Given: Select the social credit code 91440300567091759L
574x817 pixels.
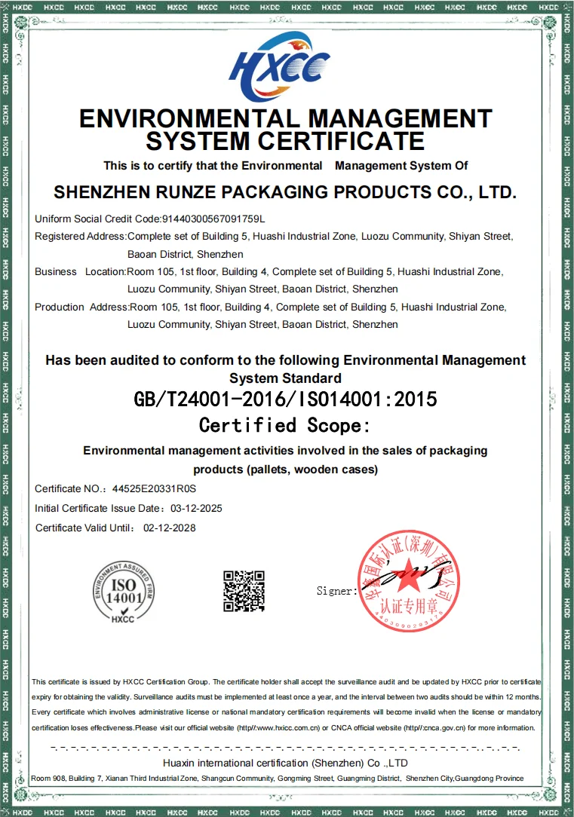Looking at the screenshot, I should point(214,219).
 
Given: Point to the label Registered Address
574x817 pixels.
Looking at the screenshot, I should point(80,237).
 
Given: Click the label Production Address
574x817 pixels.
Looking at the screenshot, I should point(81,308).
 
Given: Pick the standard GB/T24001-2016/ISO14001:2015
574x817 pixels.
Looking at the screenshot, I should point(285,399).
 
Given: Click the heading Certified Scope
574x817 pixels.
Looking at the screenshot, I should point(285,426).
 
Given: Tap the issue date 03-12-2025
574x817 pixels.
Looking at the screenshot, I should point(196,509).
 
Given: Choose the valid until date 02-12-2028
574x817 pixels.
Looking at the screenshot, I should point(169,528).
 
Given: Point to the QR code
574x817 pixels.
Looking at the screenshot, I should point(244,591).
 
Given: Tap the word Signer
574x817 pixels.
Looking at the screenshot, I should point(336,592).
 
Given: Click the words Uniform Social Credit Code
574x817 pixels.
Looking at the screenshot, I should point(97,219).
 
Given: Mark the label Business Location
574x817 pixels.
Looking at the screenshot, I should point(79,272).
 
